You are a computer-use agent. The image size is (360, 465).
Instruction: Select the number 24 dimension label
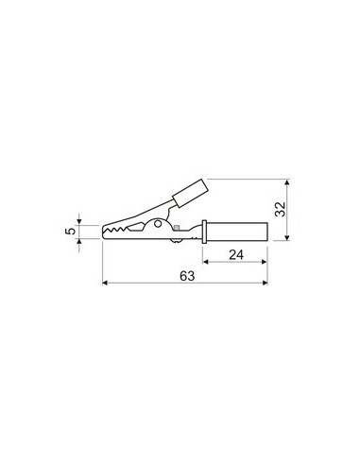point(237,253)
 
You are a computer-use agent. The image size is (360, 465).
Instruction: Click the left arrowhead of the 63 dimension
point(105,282)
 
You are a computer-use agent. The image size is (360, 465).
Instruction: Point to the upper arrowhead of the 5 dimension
point(80,221)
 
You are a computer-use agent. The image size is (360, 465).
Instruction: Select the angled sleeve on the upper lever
point(187,194)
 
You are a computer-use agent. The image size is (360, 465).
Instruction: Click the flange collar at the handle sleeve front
point(203,232)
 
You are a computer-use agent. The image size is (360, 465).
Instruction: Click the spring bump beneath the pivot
point(177,242)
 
